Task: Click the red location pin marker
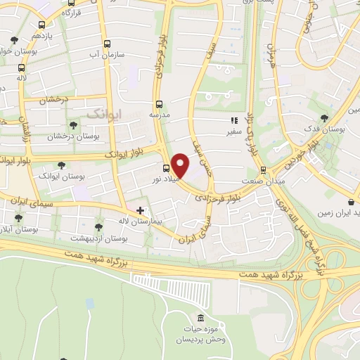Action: (180, 165)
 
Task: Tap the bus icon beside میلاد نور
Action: (166, 168)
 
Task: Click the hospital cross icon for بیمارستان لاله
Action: (140, 210)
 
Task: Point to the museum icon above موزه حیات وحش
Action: (200, 319)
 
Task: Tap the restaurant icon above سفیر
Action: (234, 120)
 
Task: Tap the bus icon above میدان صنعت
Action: (262, 169)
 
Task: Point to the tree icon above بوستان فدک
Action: (323, 118)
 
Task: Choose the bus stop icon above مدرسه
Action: (159, 103)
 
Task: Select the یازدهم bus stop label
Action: (41, 34)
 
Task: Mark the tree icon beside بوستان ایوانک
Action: (62, 165)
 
